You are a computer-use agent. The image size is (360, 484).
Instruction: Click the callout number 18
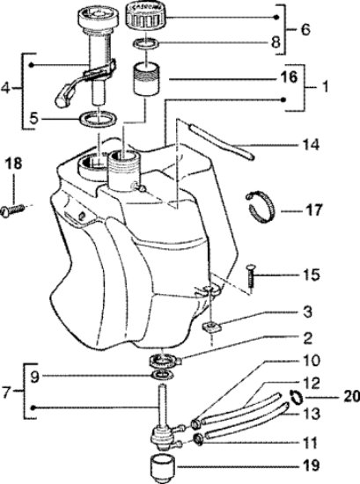[14, 163]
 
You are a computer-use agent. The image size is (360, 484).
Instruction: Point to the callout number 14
[311, 144]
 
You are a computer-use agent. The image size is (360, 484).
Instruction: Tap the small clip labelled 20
[297, 397]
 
